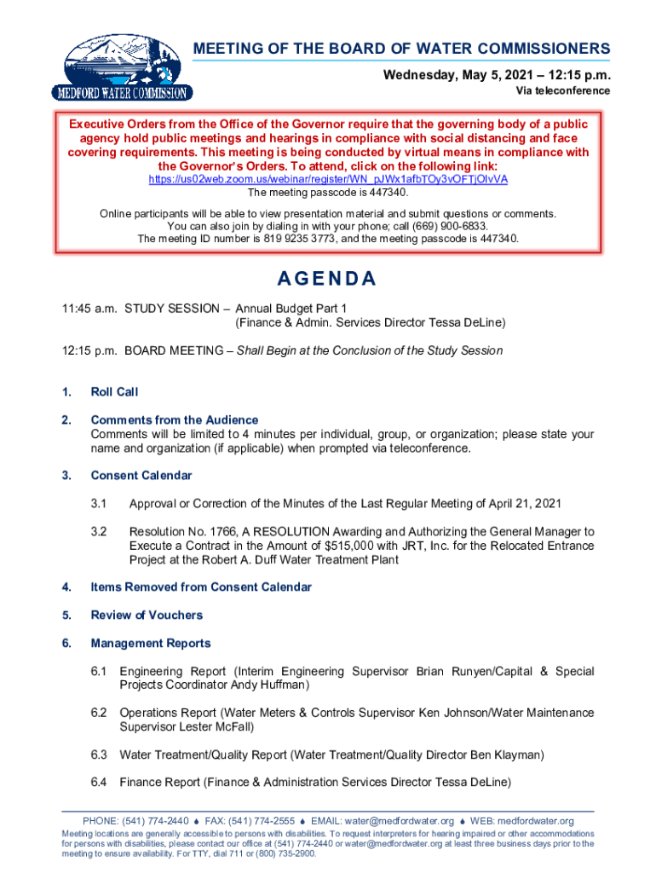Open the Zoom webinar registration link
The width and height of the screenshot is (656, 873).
click(328, 179)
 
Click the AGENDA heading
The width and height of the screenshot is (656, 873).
click(328, 280)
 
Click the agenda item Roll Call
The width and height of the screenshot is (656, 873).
click(114, 392)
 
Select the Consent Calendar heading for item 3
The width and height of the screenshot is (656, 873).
click(141, 476)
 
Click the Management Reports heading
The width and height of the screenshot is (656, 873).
click(151, 644)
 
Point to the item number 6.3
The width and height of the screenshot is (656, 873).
click(99, 754)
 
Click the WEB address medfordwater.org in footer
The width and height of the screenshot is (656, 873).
click(535, 822)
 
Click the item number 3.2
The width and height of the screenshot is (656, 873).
click(99, 532)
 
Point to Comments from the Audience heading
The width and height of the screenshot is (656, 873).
click(175, 420)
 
